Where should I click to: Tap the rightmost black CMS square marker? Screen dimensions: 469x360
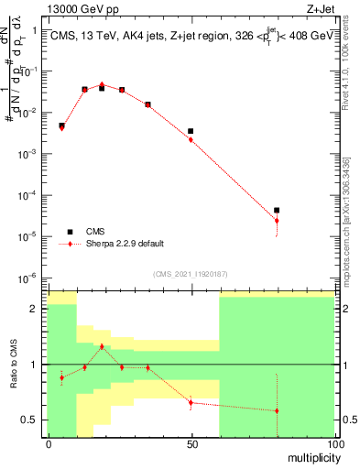pyautogui.click(x=277, y=211)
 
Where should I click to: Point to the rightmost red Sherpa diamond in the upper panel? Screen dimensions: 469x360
pyautogui.click(x=277, y=221)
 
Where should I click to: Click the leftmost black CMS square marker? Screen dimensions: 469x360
pyautogui.click(x=61, y=125)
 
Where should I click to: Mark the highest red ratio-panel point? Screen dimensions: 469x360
pyautogui.click(x=102, y=346)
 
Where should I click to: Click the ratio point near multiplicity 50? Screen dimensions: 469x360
pyautogui.click(x=191, y=402)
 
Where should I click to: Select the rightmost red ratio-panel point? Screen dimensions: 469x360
pyautogui.click(x=277, y=410)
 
